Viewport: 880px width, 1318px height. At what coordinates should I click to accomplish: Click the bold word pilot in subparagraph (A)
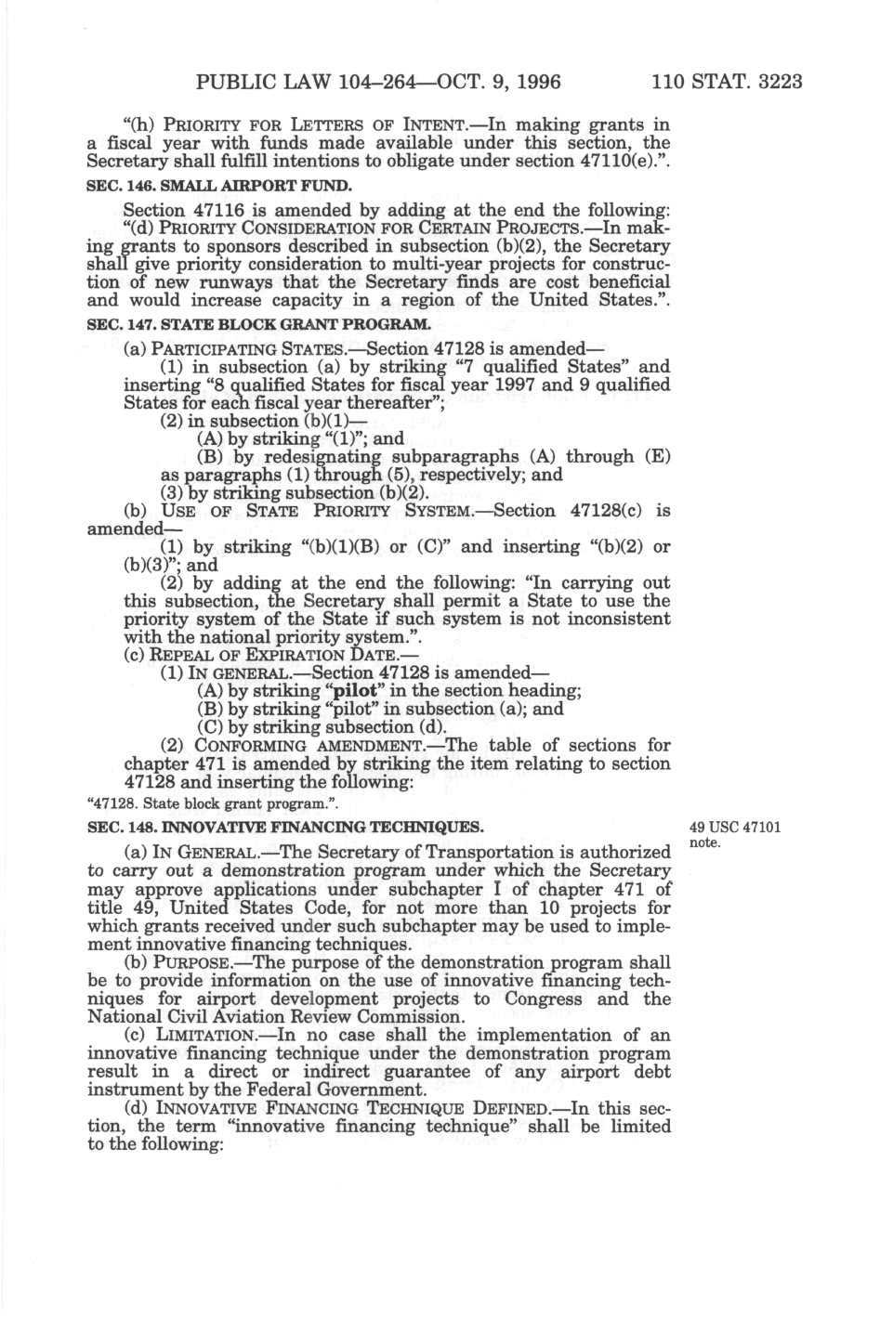[351, 689]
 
